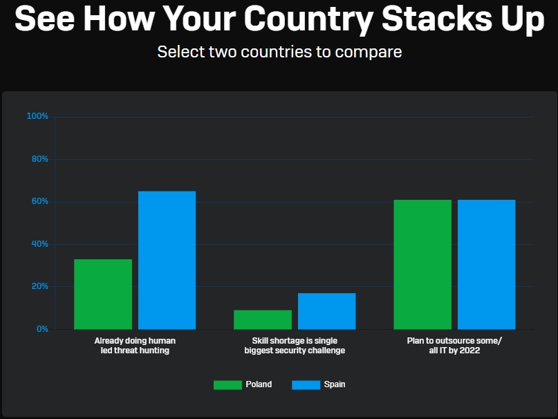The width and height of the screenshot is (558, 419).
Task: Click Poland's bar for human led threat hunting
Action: pyautogui.click(x=103, y=294)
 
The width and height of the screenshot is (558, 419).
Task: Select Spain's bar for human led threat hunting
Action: pyautogui.click(x=167, y=260)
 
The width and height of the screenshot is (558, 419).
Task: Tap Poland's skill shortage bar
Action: pyautogui.click(x=263, y=319)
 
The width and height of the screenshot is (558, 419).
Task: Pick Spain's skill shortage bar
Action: pyautogui.click(x=326, y=311)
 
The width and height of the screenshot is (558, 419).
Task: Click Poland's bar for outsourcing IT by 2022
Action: pyautogui.click(x=422, y=264)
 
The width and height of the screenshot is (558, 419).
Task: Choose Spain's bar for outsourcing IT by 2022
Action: pyautogui.click(x=486, y=264)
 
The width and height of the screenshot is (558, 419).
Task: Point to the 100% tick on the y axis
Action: pyautogui.click(x=37, y=116)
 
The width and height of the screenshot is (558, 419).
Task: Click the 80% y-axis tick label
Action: pyautogui.click(x=39, y=159)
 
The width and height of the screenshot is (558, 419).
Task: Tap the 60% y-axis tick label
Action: pyautogui.click(x=39, y=202)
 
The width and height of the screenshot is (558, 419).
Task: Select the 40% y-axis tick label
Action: pyautogui.click(x=39, y=244)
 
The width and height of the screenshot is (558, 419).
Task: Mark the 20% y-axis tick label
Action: pyautogui.click(x=39, y=286)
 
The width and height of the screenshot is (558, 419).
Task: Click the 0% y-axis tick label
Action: pyautogui.click(x=42, y=329)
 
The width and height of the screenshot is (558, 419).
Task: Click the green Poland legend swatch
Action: pyautogui.click(x=227, y=384)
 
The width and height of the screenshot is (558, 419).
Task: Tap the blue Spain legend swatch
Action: pyautogui.click(x=306, y=384)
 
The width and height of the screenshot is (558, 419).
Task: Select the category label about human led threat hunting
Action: pyautogui.click(x=135, y=346)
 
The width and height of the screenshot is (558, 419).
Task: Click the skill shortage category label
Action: pyautogui.click(x=295, y=346)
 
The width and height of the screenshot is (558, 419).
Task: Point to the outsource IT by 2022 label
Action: pyautogui.click(x=454, y=346)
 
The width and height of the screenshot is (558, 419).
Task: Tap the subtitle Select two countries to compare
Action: pyautogui.click(x=279, y=52)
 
